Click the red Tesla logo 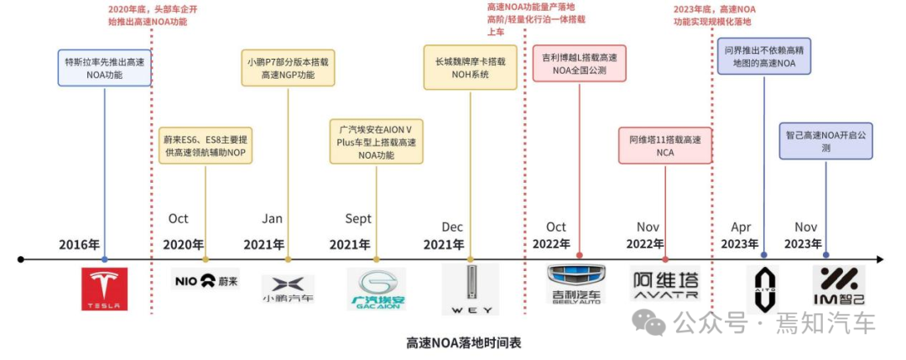coord(105,289)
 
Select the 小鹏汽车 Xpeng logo coord(288,289)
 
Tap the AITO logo coord(763,289)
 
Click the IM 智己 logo coord(838,285)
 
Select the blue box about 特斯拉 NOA coord(105,68)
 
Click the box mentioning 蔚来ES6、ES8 coord(205,146)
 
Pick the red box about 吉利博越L coord(579,64)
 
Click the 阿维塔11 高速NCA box coord(664,146)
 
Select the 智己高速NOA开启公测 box coord(825,140)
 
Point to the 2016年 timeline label coord(79,245)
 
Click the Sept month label coord(358,219)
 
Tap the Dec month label coord(452,227)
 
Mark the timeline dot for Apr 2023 coord(763,255)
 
